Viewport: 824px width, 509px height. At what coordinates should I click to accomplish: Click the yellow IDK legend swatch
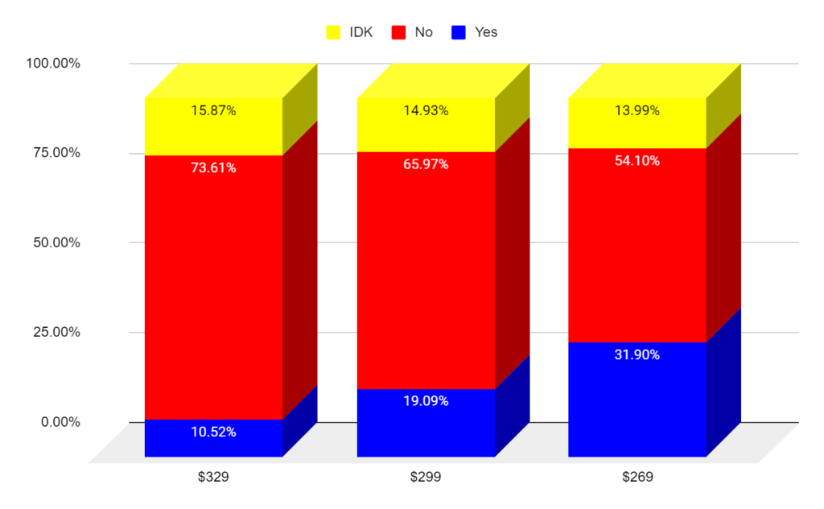click(x=334, y=32)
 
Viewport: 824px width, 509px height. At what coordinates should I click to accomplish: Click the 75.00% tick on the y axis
click(x=52, y=153)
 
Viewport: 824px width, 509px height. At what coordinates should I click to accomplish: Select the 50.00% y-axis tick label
click(x=52, y=242)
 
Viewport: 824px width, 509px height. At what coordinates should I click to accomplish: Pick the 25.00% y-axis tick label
click(x=52, y=332)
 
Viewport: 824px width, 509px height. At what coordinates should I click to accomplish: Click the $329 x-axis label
click(x=213, y=477)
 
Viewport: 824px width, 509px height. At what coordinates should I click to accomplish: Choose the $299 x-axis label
click(x=426, y=477)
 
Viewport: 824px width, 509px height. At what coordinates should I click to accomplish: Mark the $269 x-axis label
click(x=637, y=477)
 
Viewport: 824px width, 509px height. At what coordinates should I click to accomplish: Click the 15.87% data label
click(x=213, y=111)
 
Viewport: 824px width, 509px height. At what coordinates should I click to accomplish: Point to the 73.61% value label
click(x=213, y=168)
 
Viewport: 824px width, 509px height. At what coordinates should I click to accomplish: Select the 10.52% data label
click(x=213, y=432)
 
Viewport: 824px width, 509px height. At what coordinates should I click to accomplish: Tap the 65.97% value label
click(x=426, y=165)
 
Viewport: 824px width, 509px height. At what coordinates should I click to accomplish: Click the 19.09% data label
click(x=426, y=401)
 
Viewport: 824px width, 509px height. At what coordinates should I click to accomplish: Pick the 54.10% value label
click(x=637, y=161)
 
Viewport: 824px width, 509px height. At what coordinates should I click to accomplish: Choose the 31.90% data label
click(x=637, y=355)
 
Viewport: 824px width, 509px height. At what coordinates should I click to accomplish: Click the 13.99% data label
click(x=637, y=111)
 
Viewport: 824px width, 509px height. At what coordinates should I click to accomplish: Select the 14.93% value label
click(x=426, y=111)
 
